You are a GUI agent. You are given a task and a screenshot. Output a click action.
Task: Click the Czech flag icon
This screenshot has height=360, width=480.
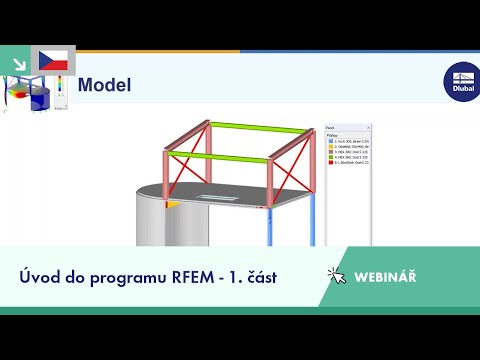coord(52,59)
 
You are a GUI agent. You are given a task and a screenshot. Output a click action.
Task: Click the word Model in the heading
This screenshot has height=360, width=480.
coord(104,85)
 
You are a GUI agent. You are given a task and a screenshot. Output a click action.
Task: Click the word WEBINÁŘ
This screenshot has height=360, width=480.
coord(385,276)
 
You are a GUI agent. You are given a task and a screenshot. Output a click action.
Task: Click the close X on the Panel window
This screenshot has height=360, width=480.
coord(368,128)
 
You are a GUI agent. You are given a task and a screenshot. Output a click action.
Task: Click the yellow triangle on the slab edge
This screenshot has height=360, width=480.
coord(172,203)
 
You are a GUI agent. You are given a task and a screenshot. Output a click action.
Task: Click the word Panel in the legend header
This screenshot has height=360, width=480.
coord(331,128)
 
